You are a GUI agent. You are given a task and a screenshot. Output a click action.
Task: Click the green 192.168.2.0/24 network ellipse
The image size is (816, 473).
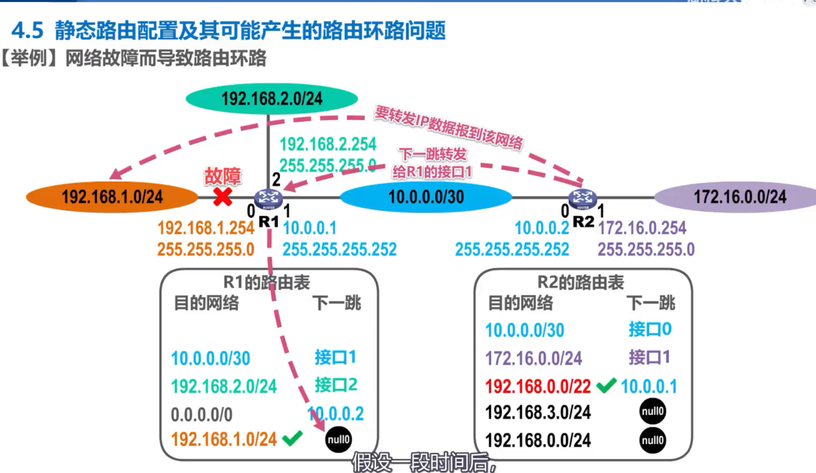271,99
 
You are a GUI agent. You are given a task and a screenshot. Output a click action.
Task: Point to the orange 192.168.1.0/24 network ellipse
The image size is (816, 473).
112,196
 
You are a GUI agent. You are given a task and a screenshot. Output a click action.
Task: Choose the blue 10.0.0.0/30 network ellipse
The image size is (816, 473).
426,196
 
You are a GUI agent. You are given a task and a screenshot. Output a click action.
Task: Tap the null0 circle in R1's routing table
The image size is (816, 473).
339,439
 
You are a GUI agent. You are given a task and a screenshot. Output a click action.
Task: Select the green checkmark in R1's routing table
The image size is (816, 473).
292,438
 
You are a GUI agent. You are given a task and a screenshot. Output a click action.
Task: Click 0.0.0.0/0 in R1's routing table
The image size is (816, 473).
201,414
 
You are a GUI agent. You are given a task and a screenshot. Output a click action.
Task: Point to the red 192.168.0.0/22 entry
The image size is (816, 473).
538,386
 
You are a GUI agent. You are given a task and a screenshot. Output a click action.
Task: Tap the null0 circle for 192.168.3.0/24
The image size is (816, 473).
652,412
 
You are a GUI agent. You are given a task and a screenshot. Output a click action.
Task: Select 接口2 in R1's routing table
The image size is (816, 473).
335,385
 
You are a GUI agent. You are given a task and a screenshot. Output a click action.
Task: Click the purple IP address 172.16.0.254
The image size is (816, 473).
642,228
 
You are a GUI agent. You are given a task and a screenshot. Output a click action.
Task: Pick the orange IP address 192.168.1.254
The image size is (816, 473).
206,228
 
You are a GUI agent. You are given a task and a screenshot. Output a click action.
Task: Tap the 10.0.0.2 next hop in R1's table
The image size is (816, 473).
336,414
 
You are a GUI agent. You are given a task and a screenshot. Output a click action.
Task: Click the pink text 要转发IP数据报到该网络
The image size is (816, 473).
448,127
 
